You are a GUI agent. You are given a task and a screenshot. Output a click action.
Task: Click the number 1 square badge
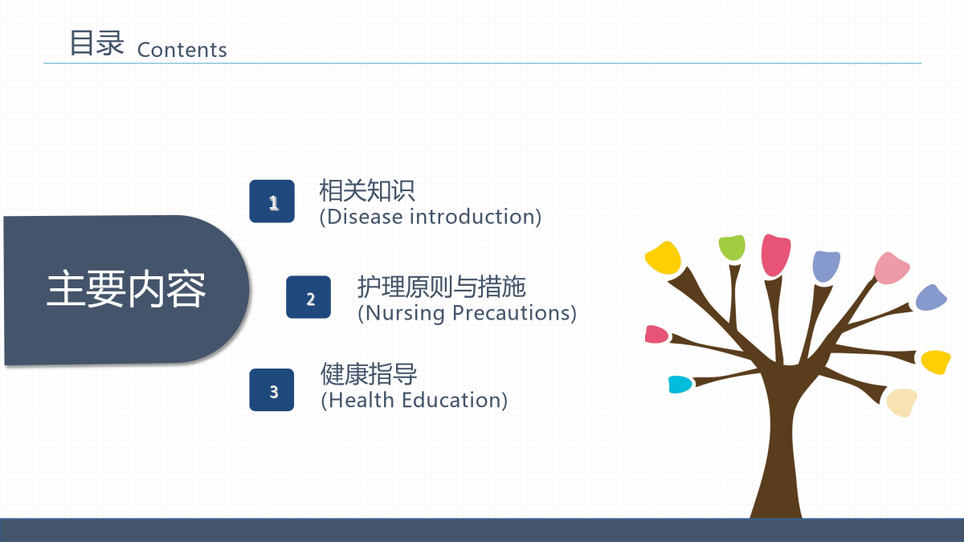pyautogui.click(x=272, y=202)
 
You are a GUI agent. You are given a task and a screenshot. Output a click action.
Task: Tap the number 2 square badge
pyautogui.click(x=308, y=297)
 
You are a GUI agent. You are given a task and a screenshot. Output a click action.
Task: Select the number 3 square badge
pyautogui.click(x=272, y=389)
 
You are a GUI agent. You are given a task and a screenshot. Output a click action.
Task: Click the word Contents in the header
pyautogui.click(x=182, y=50)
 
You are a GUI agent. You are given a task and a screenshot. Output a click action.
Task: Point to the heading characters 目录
pyautogui.click(x=97, y=43)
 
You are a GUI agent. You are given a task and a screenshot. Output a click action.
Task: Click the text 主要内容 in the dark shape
pyautogui.click(x=126, y=288)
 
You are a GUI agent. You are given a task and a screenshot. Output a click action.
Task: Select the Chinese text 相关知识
pyautogui.click(x=367, y=190)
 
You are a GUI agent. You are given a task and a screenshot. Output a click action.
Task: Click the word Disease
pyautogui.click(x=365, y=216)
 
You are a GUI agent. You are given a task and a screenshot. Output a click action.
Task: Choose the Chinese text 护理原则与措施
pyautogui.click(x=442, y=287)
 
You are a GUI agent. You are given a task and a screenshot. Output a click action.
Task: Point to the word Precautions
pyautogui.click(x=511, y=312)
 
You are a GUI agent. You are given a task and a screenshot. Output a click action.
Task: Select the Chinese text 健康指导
pyautogui.click(x=369, y=374)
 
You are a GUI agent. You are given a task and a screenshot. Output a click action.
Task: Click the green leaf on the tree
pyautogui.click(x=732, y=247)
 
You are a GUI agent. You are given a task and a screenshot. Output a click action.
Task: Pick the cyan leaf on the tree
pyautogui.click(x=680, y=385)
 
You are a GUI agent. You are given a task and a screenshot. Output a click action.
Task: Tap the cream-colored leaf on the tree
pyautogui.click(x=902, y=402)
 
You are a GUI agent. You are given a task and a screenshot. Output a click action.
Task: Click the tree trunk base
pyautogui.click(x=776, y=507)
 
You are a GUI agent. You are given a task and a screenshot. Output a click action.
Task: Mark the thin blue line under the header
pyautogui.click(x=483, y=63)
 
